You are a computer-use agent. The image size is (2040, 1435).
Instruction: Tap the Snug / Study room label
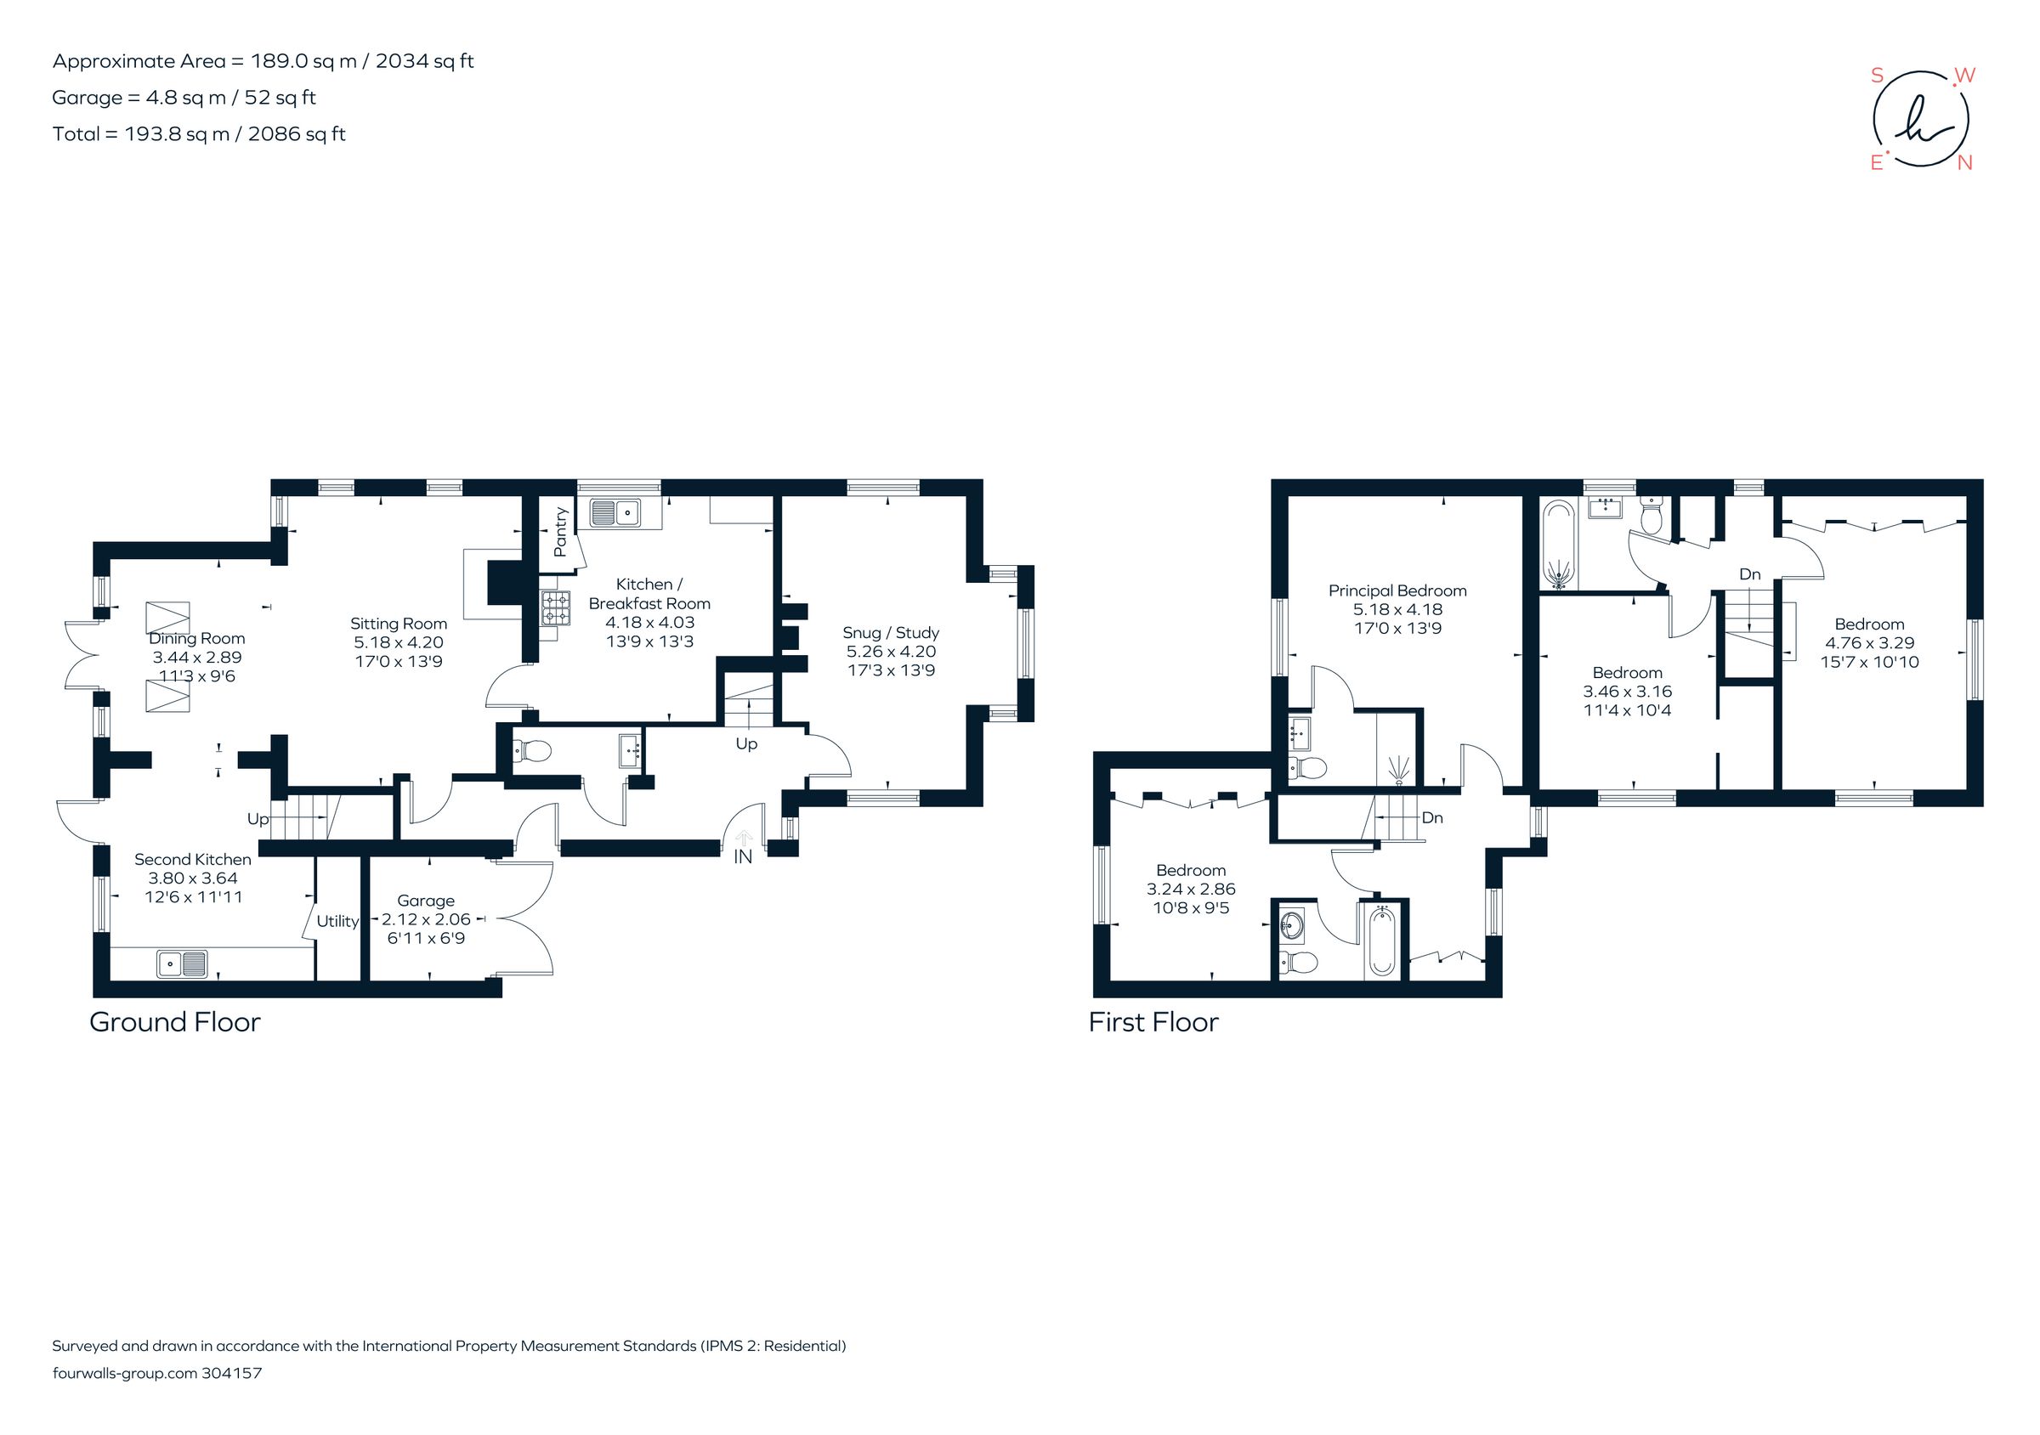(890, 632)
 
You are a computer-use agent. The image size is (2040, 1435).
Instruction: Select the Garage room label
(426, 901)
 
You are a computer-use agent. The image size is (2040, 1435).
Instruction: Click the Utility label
(337, 921)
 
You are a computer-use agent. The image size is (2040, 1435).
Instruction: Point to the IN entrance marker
(743, 856)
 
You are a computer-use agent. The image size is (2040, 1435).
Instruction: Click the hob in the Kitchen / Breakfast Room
(556, 608)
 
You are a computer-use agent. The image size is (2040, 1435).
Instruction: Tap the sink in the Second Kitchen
(182, 963)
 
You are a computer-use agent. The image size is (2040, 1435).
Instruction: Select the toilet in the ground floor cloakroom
(532, 751)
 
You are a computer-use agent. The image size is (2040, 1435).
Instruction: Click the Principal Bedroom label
(1397, 590)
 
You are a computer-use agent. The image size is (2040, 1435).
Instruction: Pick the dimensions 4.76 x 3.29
(1868, 643)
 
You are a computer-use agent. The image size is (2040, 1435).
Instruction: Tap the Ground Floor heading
(175, 1022)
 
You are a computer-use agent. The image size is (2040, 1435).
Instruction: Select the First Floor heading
(1153, 1022)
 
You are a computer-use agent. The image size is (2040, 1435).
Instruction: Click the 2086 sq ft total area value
(296, 134)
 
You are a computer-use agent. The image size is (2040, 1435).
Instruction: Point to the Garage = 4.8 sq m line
(184, 98)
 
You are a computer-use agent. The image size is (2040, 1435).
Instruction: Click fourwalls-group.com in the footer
(124, 1373)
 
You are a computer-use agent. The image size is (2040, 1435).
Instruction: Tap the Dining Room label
(196, 638)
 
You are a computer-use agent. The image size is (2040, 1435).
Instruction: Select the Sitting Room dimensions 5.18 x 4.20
(398, 642)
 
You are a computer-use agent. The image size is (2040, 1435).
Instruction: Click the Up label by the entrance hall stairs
(745, 743)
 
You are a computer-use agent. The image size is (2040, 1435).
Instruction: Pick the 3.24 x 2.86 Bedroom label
(1191, 889)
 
